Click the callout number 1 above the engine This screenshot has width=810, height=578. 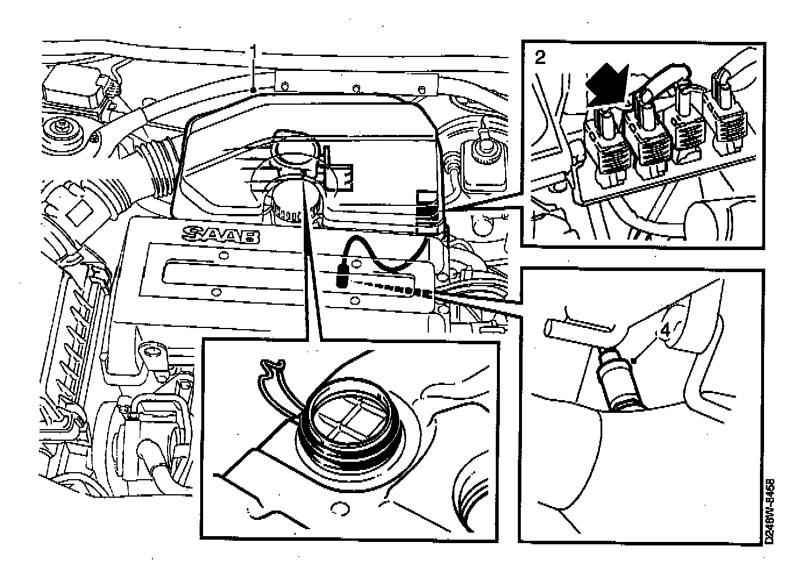pos(254,52)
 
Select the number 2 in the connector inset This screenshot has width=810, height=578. pos(541,58)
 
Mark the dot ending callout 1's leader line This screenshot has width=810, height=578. pos(254,90)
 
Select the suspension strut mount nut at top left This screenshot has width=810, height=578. pos(59,128)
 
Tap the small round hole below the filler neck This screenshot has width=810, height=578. pos(338,510)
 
